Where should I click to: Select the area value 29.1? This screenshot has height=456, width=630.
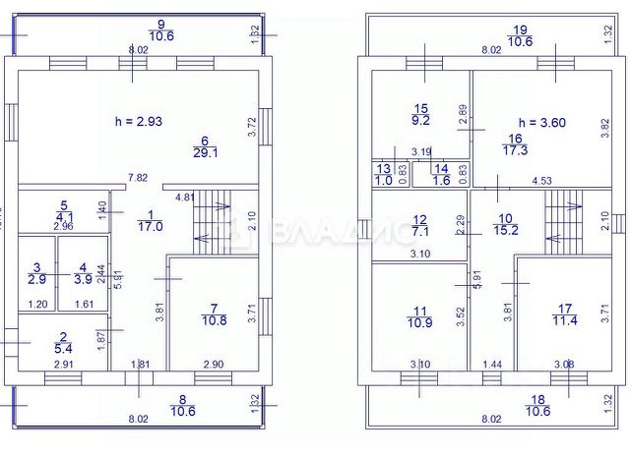click(x=205, y=152)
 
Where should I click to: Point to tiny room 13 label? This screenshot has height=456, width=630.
click(x=383, y=174)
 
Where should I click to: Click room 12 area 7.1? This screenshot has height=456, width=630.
click(x=420, y=225)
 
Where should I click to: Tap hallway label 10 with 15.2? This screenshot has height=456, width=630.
click(x=505, y=225)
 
